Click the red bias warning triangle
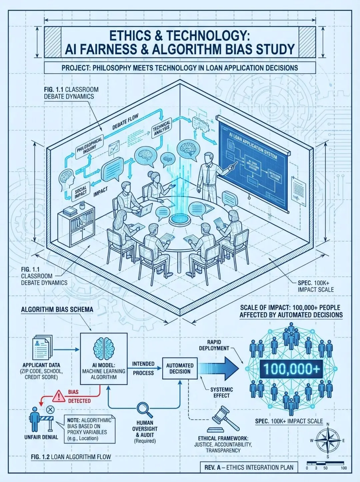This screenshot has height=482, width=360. [59, 396]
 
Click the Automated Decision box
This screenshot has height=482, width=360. [180, 368]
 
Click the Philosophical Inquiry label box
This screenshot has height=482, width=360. [90, 145]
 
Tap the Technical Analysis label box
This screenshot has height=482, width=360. [162, 128]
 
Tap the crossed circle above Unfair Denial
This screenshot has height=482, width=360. [50, 409]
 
